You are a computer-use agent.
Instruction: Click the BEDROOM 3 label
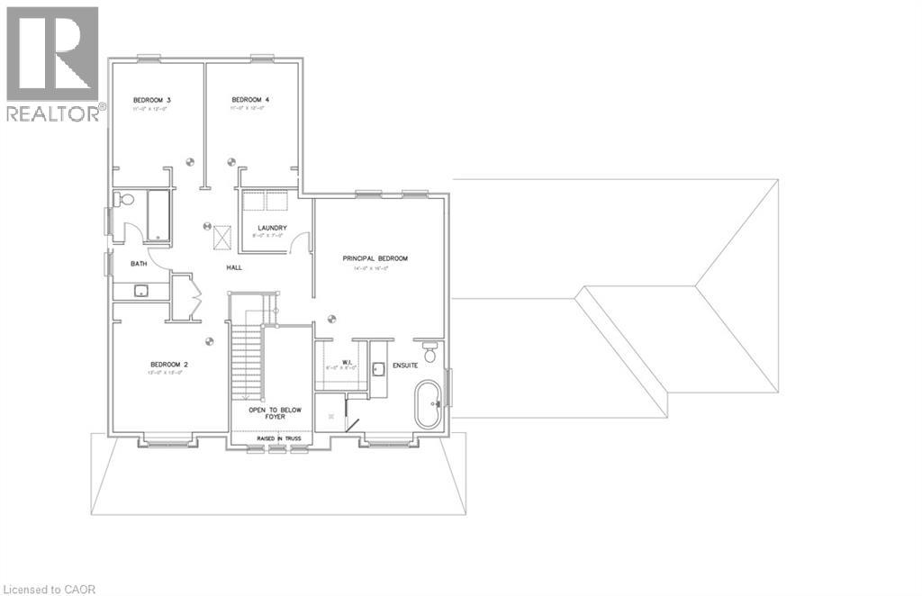(x=151, y=99)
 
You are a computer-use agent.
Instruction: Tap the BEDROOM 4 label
(x=250, y=99)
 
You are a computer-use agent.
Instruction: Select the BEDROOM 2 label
(x=168, y=365)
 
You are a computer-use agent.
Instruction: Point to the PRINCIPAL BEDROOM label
(x=375, y=258)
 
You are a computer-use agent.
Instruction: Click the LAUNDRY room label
(x=271, y=228)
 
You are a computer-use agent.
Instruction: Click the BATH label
(x=139, y=264)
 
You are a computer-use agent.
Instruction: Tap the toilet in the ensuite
(x=429, y=352)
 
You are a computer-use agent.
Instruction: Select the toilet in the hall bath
(x=124, y=200)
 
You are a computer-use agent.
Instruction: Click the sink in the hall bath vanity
(x=140, y=291)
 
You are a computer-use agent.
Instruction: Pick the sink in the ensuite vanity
(x=377, y=367)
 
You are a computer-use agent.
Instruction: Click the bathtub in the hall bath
(x=158, y=216)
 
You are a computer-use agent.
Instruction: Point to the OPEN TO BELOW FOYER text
(x=276, y=413)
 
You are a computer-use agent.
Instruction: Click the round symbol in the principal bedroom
(x=332, y=317)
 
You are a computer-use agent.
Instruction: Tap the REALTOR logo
(x=53, y=63)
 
